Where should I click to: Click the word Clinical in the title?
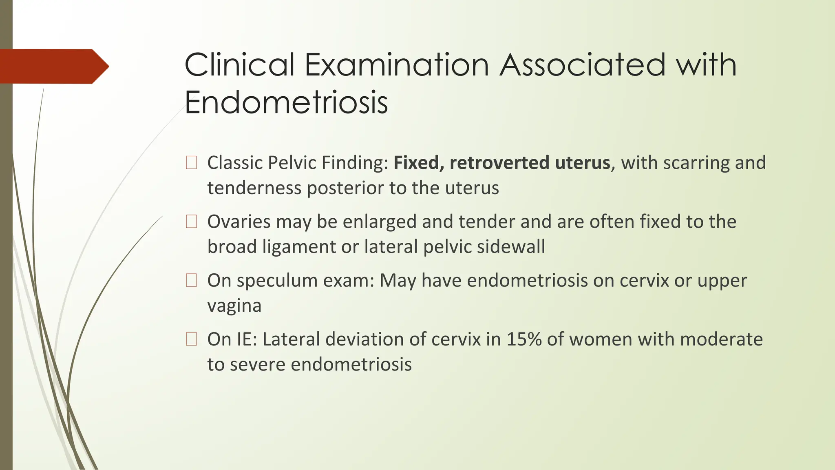pos(239,65)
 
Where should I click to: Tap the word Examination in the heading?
pos(397,65)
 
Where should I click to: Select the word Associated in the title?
pos(583,65)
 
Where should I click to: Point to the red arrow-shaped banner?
pos(53,67)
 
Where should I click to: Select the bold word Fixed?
pos(418,163)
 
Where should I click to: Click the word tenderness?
pos(254,188)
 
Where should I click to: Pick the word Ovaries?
pos(239,222)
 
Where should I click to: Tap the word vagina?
pos(234,306)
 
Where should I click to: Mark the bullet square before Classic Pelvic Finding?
pos(191,163)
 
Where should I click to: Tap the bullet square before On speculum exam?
pos(191,280)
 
